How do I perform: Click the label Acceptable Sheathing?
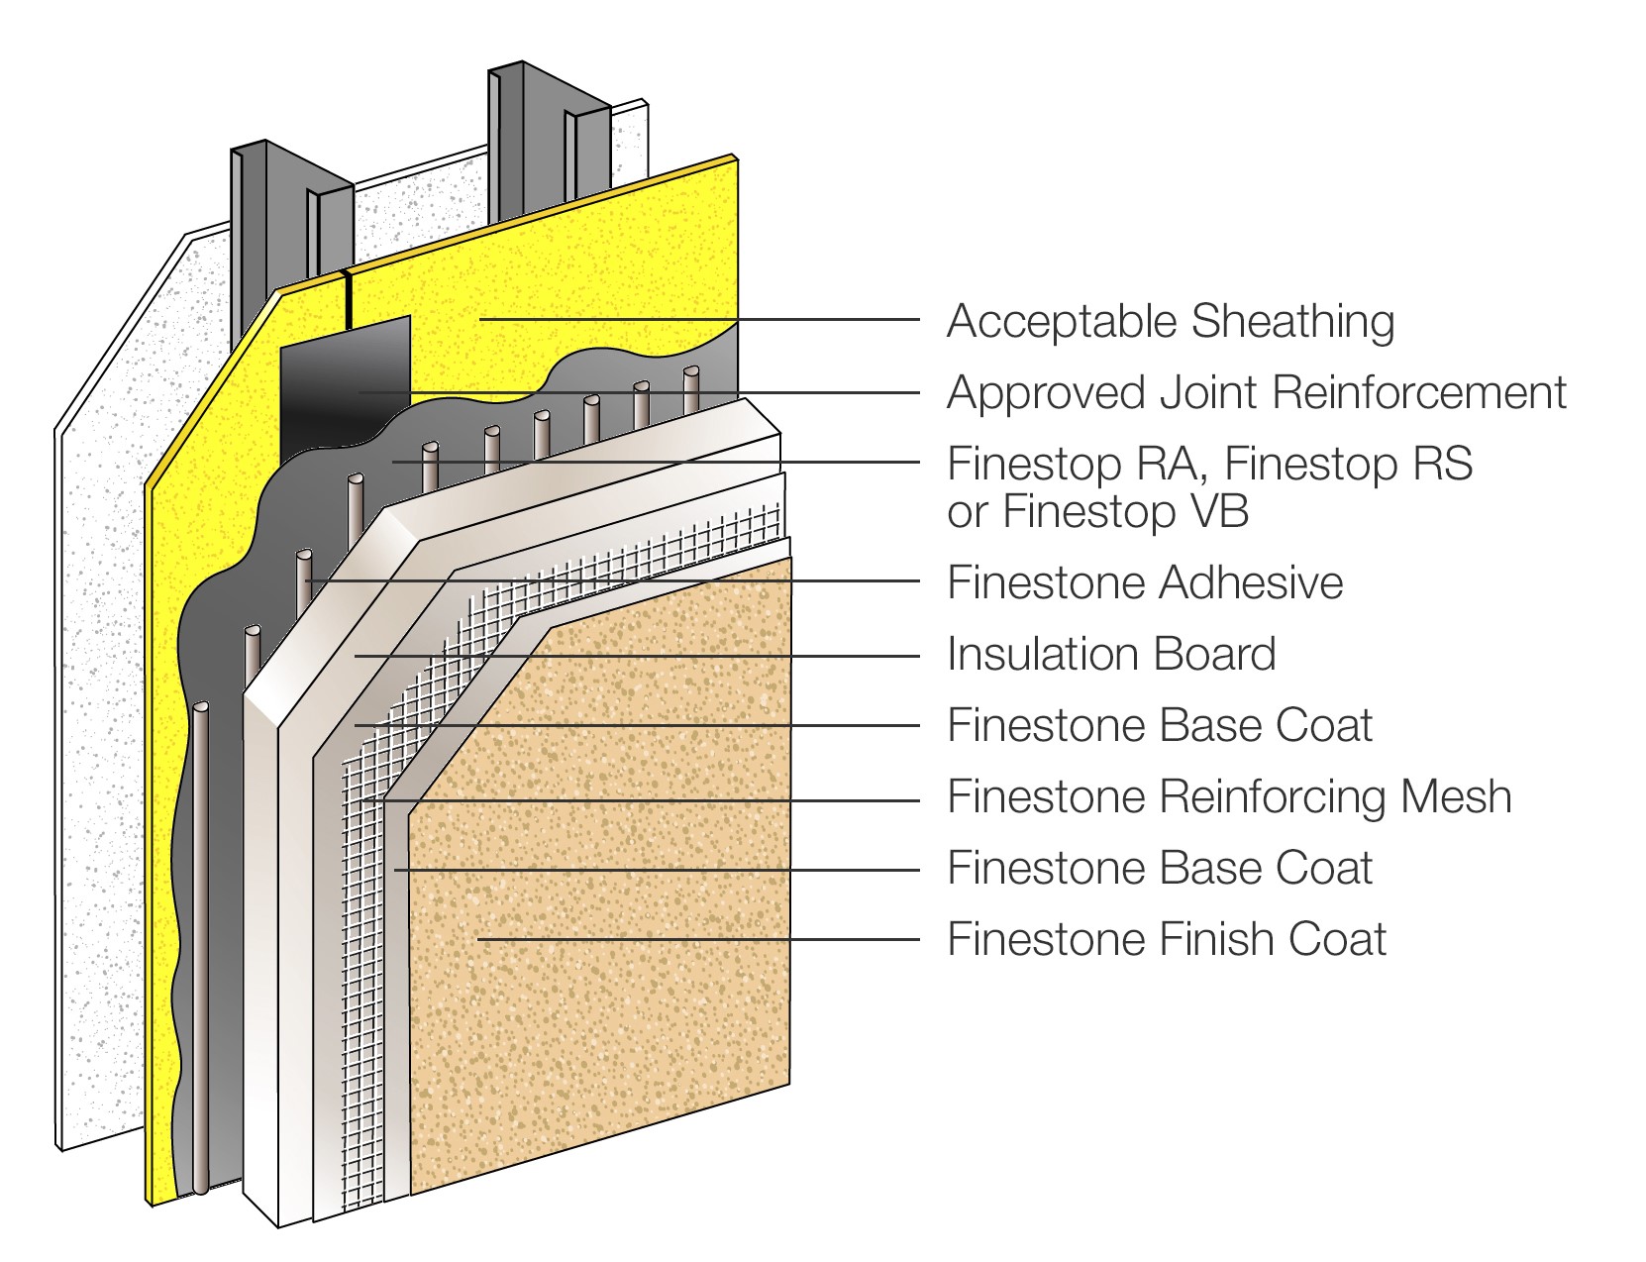click(x=1170, y=322)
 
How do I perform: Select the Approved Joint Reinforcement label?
click(x=1256, y=393)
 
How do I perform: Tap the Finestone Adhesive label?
click(x=1145, y=582)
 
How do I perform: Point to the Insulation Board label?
click(x=1111, y=655)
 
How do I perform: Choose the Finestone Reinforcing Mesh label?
click(x=1229, y=797)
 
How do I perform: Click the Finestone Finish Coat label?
click(x=1167, y=939)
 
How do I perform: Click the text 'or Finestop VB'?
click(x=1097, y=512)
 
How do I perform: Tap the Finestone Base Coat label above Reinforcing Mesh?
click(x=1160, y=726)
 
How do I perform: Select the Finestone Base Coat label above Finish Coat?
click(x=1160, y=869)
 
